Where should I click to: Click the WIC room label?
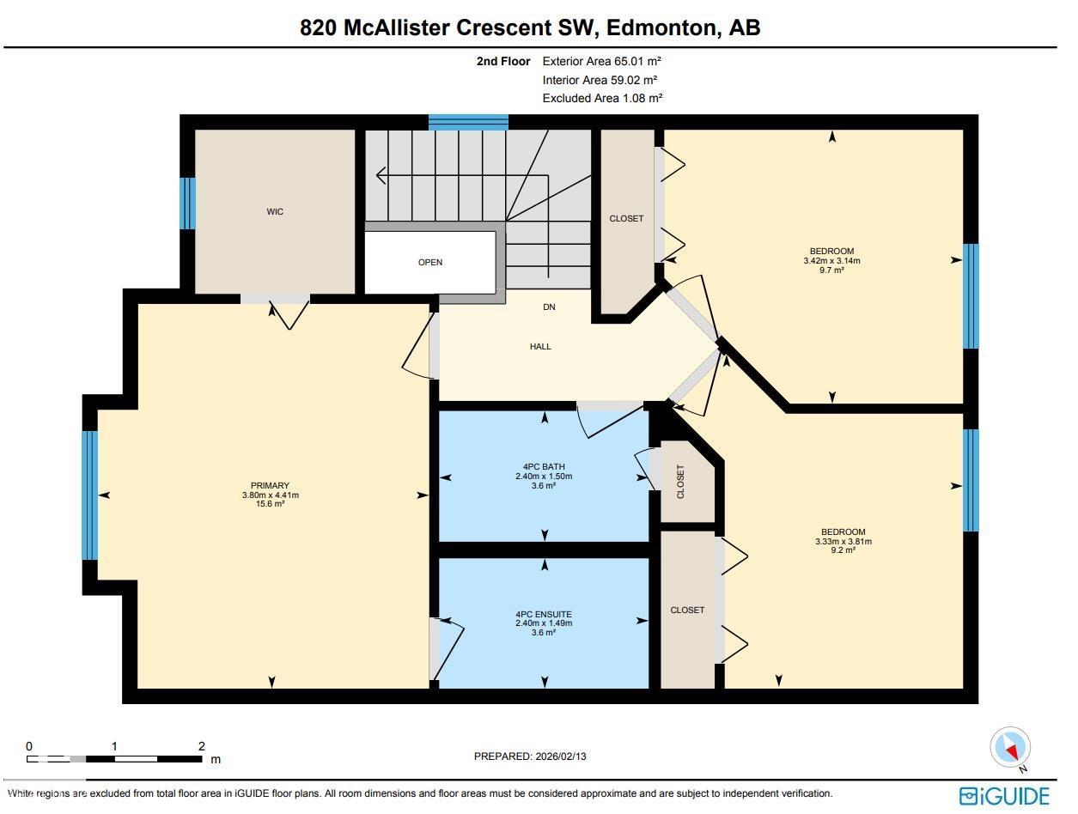tap(275, 211)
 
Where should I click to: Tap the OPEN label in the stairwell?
tap(430, 262)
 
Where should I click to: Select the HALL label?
tap(540, 346)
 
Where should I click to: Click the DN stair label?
tap(549, 307)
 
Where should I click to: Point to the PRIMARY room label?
tap(270, 485)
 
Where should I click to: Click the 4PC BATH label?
tap(543, 467)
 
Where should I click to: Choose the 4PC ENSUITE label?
tap(543, 614)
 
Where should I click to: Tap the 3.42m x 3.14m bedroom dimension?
tap(831, 261)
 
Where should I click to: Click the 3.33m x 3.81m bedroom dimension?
tap(843, 541)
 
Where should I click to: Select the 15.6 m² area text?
tap(270, 504)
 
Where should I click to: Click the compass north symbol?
tap(1010, 748)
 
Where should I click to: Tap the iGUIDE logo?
tap(1004, 795)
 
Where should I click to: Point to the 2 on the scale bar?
tap(201, 746)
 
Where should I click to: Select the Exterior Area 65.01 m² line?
tap(601, 61)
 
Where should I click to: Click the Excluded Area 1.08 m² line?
tap(602, 98)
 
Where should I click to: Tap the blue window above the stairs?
tap(468, 122)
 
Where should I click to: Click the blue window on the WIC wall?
tap(187, 203)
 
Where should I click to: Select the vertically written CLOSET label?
tap(680, 483)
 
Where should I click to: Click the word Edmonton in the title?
tap(661, 27)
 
